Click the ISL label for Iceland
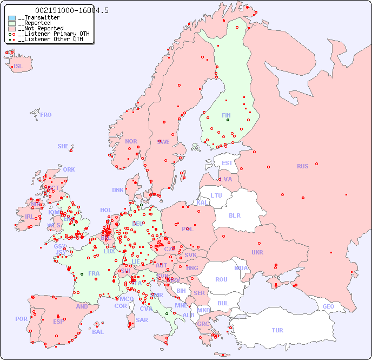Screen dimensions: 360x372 [18, 67]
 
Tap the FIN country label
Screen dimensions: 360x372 [226, 115]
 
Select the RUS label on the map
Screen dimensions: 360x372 [302, 166]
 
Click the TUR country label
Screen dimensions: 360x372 [277, 330]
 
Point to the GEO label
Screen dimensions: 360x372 [328, 306]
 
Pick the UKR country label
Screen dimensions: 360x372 [257, 252]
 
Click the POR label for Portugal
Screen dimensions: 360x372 [21, 319]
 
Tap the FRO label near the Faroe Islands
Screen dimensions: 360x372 [46, 115]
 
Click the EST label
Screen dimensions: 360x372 [227, 163]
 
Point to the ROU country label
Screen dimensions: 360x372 [221, 279]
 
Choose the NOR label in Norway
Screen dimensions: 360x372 [131, 141]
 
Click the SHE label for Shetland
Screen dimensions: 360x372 [63, 146]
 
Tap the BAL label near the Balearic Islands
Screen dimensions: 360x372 [98, 332]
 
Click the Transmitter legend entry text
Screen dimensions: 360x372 [41, 18]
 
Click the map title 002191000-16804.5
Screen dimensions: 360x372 [64, 10]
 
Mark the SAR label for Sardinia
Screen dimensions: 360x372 [142, 320]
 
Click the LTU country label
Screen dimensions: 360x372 [216, 195]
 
